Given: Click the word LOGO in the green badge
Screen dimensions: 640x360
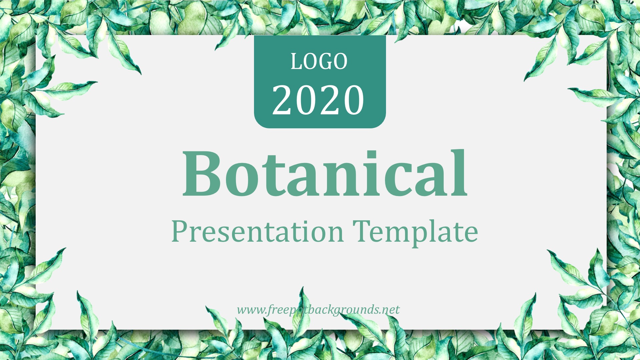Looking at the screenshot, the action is tap(319, 62).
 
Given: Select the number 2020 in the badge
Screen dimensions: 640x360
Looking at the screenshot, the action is tap(318, 100).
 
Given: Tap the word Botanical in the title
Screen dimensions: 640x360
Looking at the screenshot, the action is tap(325, 173).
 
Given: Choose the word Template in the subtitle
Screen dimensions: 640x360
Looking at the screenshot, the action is tap(416, 233).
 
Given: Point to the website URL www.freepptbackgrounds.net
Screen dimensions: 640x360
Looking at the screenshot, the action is tap(318, 310).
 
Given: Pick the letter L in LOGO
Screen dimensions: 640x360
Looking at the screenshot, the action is tap(296, 62).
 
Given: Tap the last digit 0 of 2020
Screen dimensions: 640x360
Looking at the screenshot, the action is tap(354, 100).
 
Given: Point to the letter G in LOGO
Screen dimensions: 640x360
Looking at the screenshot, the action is tap(325, 62).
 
